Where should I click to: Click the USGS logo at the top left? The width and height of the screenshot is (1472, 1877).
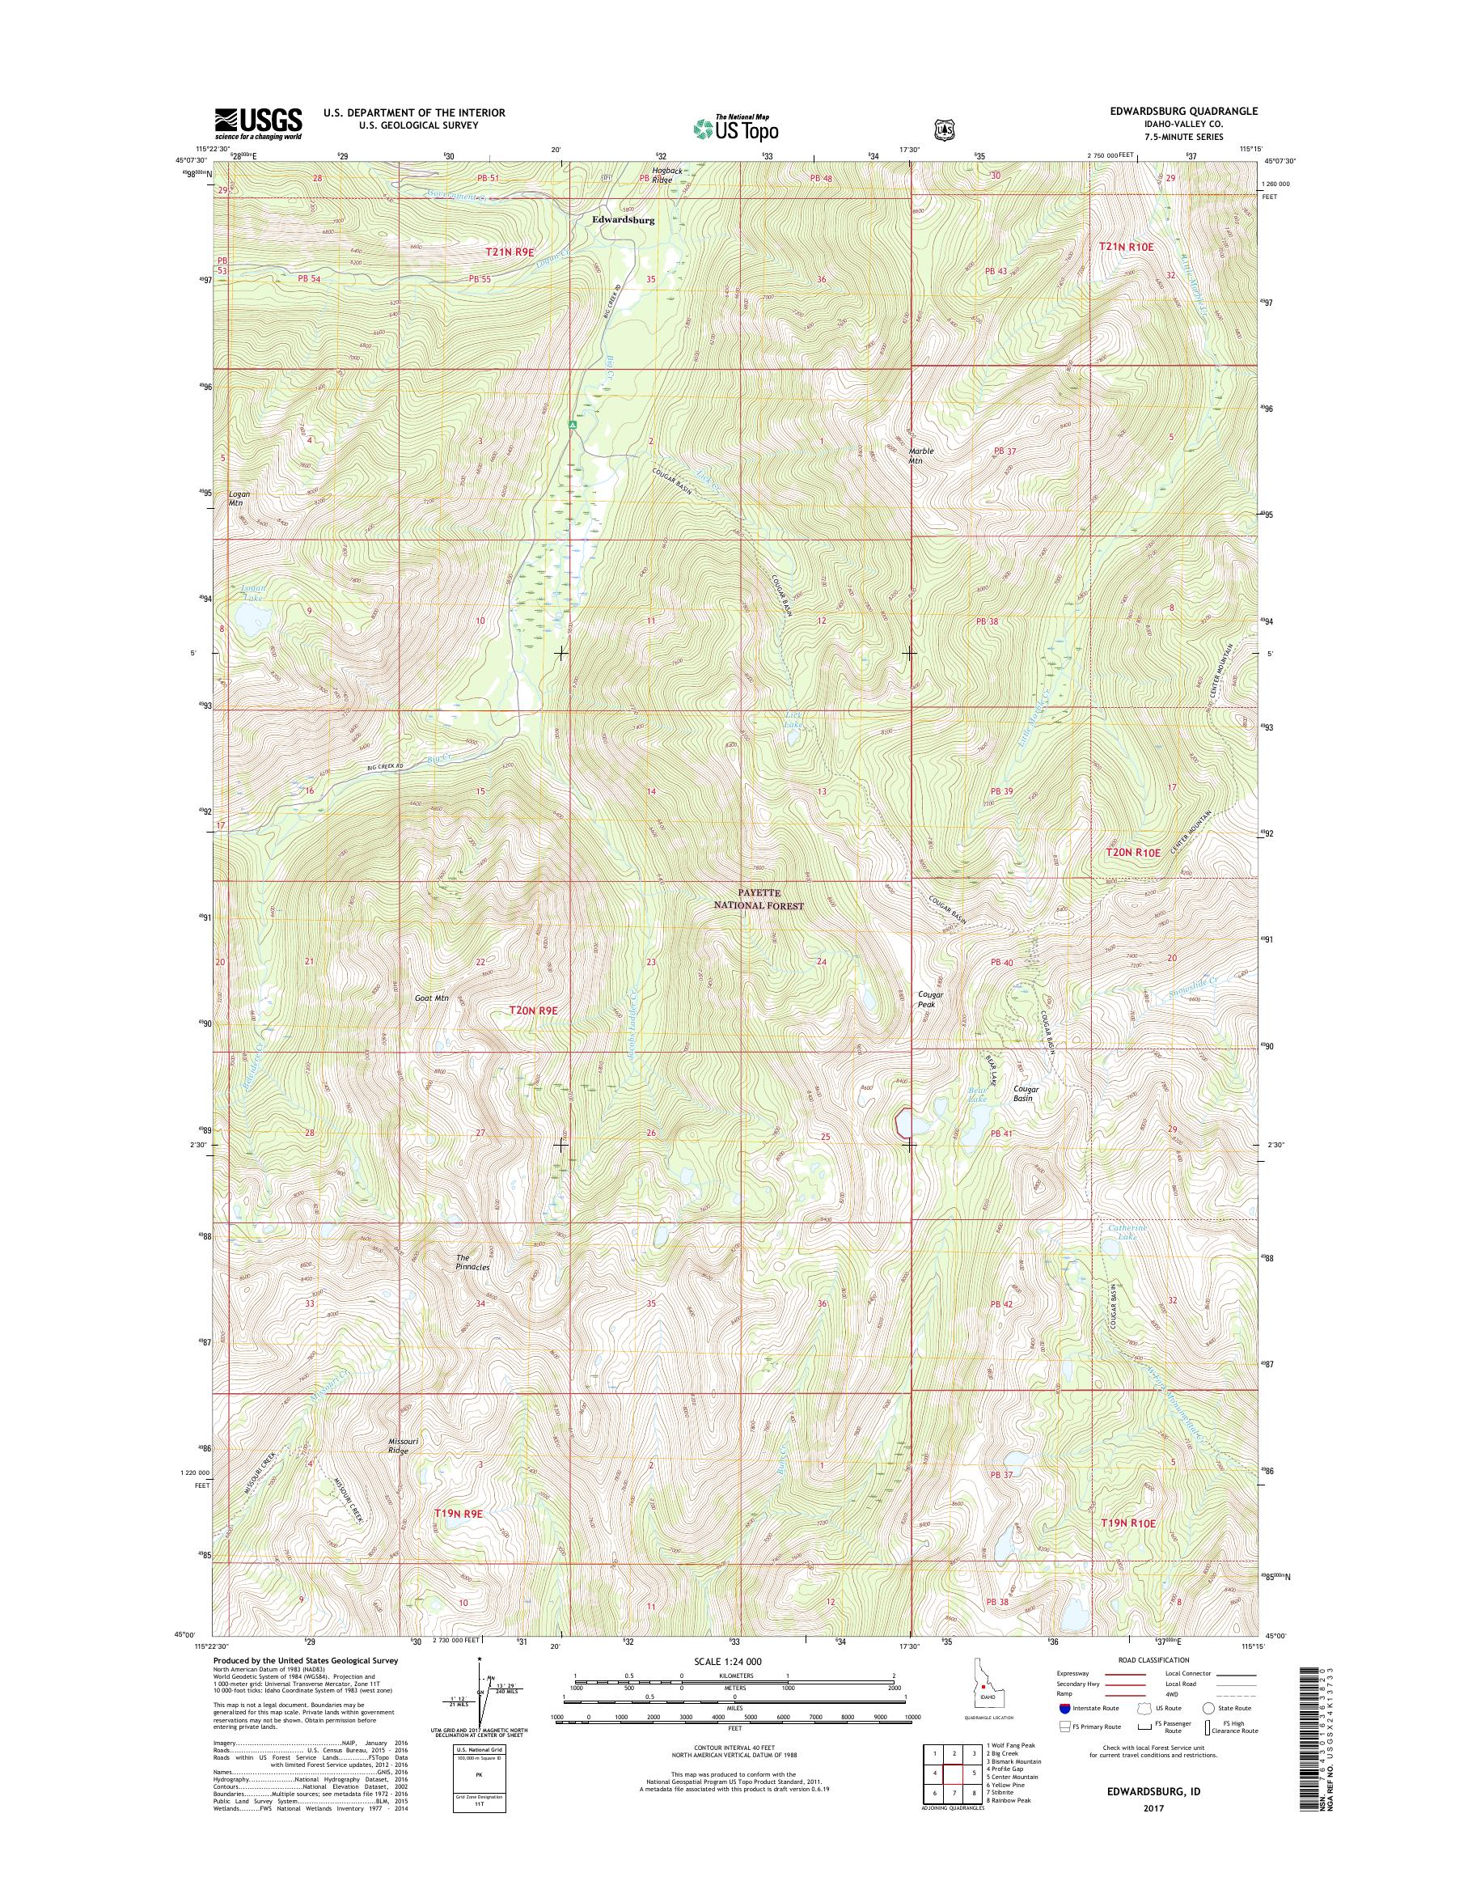click(258, 123)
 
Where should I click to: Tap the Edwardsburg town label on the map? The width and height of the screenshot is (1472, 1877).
click(622, 220)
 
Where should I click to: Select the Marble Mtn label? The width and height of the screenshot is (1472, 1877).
click(920, 455)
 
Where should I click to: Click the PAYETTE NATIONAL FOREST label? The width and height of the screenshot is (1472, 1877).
click(758, 900)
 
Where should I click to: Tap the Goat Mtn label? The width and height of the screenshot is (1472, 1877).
click(431, 998)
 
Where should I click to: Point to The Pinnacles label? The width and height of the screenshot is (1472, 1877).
click(472, 1262)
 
